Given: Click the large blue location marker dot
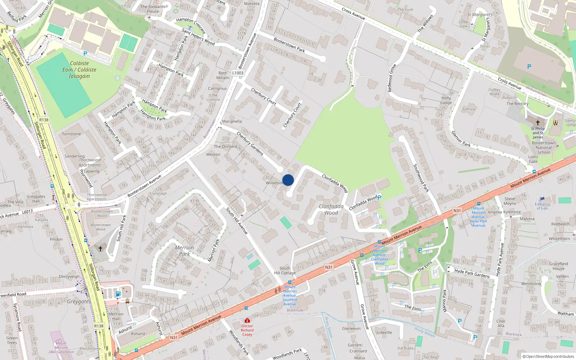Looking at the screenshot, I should tap(288, 180).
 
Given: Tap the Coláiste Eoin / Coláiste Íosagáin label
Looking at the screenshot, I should tap(79, 69).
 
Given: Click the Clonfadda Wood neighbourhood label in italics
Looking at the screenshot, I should tap(331, 209).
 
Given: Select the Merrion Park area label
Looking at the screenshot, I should tap(184, 251).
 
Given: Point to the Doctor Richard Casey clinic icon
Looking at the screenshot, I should tap(247, 320).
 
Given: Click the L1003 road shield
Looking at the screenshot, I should tap(238, 73).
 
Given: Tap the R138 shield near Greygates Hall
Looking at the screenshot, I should tap(44, 120).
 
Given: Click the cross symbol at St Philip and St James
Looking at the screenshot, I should tap(537, 123).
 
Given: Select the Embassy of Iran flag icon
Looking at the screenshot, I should tap(543, 199).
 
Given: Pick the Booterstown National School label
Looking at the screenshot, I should tap(543, 148).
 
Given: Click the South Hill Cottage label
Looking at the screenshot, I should tap(285, 270).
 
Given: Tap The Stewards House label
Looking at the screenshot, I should tap(153, 9).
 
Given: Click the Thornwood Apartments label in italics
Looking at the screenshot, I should tap(90, 162).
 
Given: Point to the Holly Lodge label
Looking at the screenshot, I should tap(446, 100).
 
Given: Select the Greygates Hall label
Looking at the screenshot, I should tap(36, 199).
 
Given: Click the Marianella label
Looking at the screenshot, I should tap(232, 121).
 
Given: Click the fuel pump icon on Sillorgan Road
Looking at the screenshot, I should tap(118, 294).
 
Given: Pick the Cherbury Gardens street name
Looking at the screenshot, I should tap(250, 143).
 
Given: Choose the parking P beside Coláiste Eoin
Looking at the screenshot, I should tap(85, 54).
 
